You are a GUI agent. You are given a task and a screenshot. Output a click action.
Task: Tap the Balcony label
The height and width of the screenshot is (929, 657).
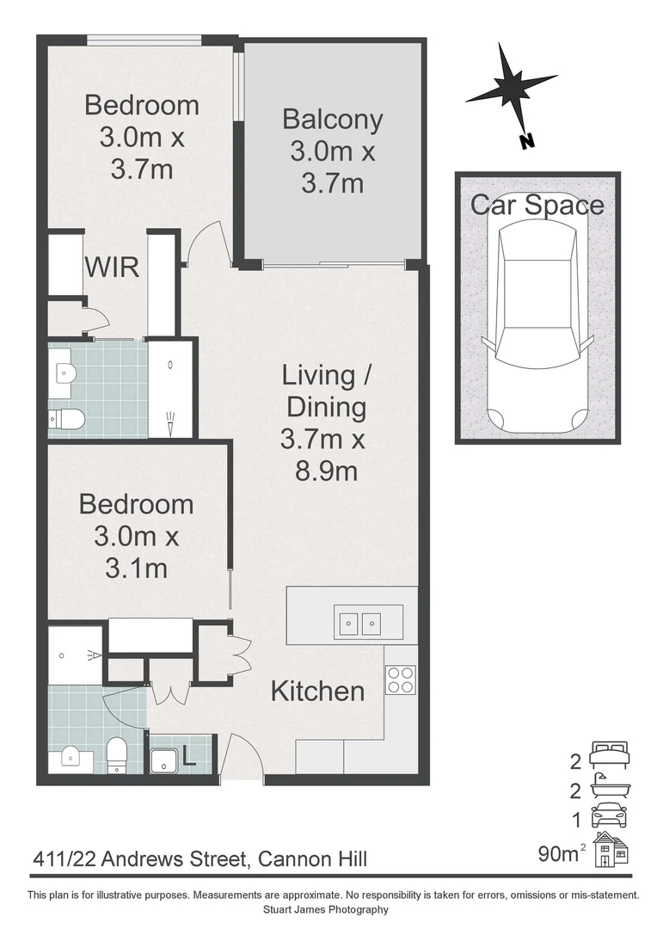332,119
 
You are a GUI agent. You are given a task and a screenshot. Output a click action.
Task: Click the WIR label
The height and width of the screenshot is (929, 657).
112,267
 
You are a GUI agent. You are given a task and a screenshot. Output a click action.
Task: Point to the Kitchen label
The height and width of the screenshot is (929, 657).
317,691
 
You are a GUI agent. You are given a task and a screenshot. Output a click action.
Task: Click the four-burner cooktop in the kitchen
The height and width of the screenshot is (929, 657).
401,680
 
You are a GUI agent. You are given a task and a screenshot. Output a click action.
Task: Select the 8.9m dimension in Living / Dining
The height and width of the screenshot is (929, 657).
323,471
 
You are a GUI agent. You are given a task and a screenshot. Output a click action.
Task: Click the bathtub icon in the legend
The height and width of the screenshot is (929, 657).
611,786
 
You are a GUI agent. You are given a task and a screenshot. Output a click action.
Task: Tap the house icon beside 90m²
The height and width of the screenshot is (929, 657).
611,850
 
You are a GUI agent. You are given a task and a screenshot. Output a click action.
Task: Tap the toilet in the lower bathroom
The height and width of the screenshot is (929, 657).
116,754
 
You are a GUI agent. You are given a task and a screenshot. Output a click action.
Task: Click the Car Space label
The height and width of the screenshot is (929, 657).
537,205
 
